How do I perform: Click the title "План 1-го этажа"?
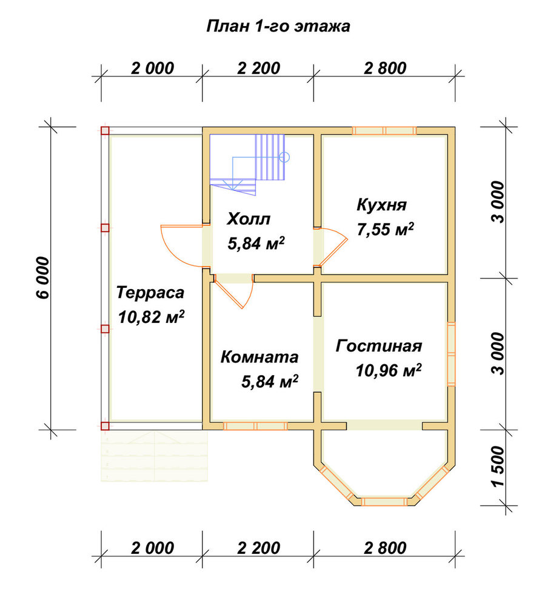pos(278,27)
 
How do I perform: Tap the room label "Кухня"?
pos(381,205)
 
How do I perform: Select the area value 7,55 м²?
pos(385,229)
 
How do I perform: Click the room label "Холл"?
pos(248,219)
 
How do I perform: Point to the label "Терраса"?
pos(150,293)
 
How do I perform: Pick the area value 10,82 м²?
pos(151,317)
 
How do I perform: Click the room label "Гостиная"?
pos(378,346)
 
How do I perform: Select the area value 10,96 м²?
pos(388,370)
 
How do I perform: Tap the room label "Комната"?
pos(260,357)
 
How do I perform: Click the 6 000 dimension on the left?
pos(43,278)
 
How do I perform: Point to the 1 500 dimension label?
pos(498,467)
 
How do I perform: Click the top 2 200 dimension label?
pos(258,68)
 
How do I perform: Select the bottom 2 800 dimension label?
pos(385,548)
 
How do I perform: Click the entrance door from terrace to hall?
pos(184,246)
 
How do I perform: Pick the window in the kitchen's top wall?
pos(384,131)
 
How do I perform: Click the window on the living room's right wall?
pos(451,354)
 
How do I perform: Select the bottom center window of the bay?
pos(384,502)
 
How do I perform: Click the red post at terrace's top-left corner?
pos(105,131)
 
